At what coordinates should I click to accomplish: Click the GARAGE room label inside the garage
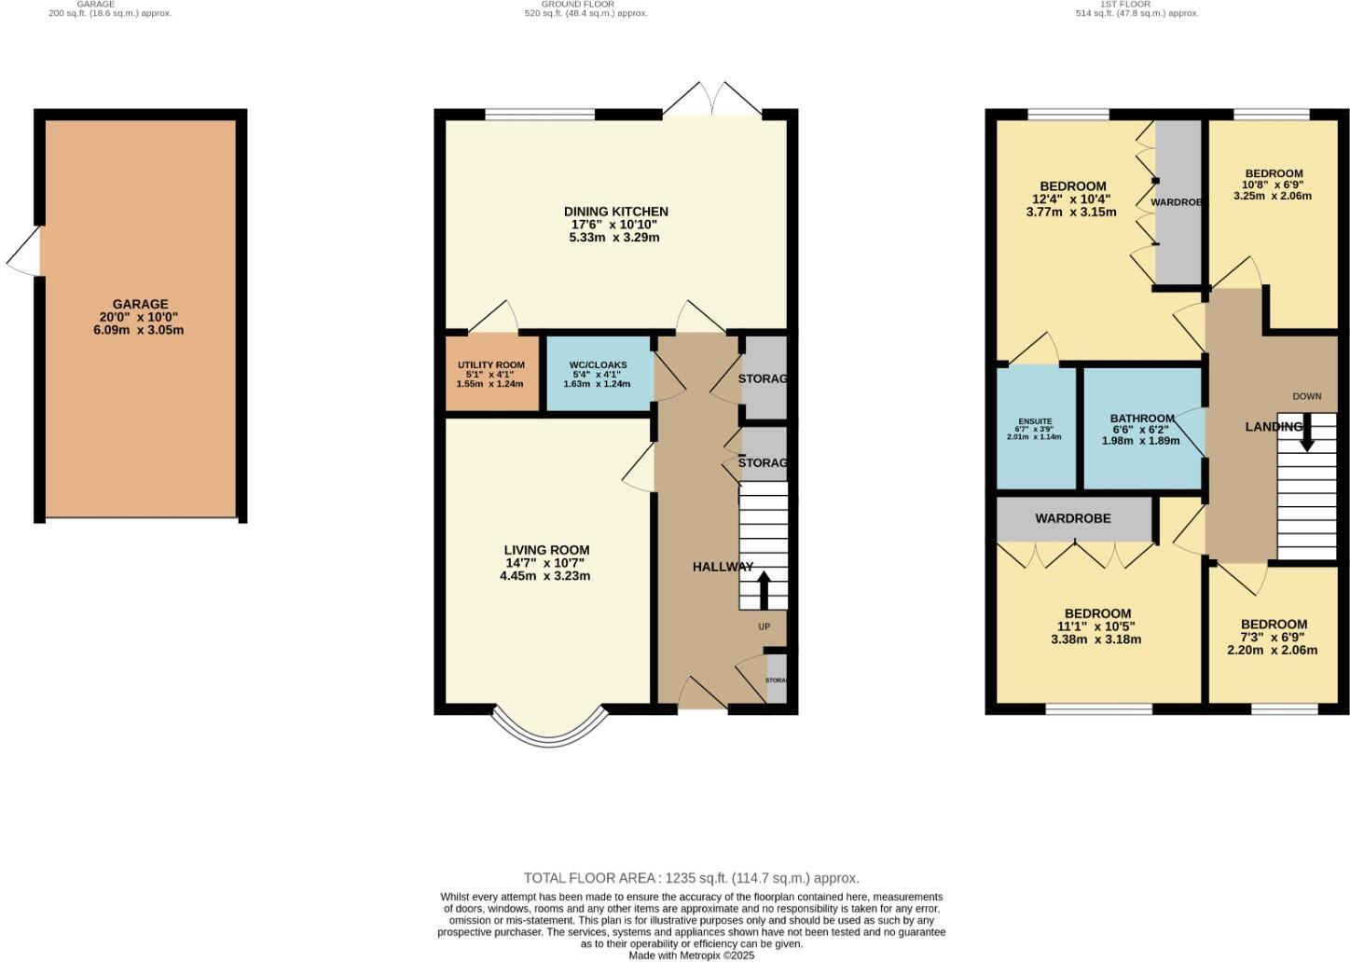pos(140,304)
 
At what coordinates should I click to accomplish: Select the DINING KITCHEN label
pos(615,212)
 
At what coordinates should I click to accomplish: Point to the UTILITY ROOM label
pos(490,364)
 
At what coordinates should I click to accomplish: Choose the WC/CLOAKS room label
pos(598,364)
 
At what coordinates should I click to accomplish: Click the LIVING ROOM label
pos(546,550)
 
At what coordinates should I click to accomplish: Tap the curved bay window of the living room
pos(548,731)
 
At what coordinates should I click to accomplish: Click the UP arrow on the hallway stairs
pos(764,590)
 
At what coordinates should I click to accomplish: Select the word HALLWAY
pos(723,567)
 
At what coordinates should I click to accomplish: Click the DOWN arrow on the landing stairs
pos(1306,433)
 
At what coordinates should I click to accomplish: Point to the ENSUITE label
pos(1035,421)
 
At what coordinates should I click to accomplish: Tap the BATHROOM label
pos(1142,419)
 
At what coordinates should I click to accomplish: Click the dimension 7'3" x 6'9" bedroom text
pos(1273,638)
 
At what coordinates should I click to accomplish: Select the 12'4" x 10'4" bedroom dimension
pos(1073,199)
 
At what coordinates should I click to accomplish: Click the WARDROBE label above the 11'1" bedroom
pos(1073,518)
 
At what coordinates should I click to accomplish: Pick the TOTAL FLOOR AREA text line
pos(691,878)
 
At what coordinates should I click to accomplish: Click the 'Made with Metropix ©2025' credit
pos(691,955)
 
